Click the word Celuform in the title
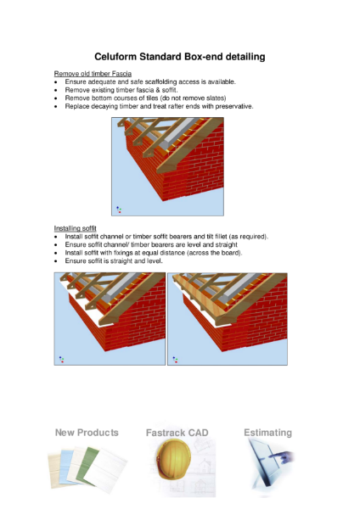coord(115,57)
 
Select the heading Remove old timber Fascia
coord(93,74)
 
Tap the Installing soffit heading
coord(75,228)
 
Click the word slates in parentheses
coord(215,98)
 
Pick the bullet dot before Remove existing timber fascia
coord(56,91)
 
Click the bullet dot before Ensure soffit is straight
coord(56,261)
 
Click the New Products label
coord(87,433)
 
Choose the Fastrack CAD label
coord(177,433)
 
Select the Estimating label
coord(267,433)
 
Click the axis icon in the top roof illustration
coord(119,210)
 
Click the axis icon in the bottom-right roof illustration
coord(176,360)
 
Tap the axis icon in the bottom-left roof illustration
coord(62,360)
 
